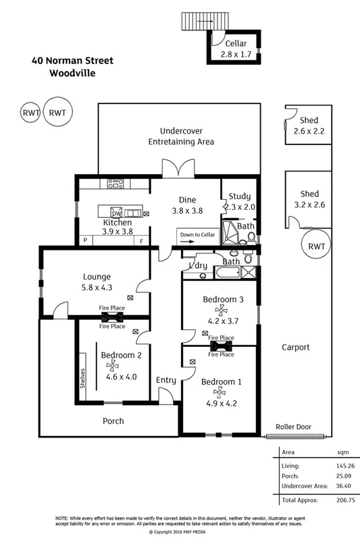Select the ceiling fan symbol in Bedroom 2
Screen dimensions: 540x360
tap(111, 366)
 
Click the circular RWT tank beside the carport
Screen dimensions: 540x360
tap(316, 246)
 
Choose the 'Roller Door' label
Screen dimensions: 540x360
tap(292, 427)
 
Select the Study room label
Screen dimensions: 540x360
tap(239, 196)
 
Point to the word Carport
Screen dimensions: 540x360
tap(295, 347)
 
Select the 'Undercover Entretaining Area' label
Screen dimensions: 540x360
tap(181, 136)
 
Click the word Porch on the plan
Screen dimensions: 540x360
tap(113, 421)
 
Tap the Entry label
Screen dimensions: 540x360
tap(166, 380)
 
